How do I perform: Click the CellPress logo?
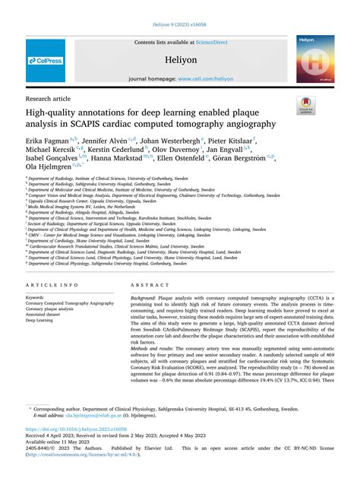coord(46,60)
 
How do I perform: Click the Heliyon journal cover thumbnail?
coord(314,59)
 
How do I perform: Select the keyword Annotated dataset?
coord(46,315)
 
